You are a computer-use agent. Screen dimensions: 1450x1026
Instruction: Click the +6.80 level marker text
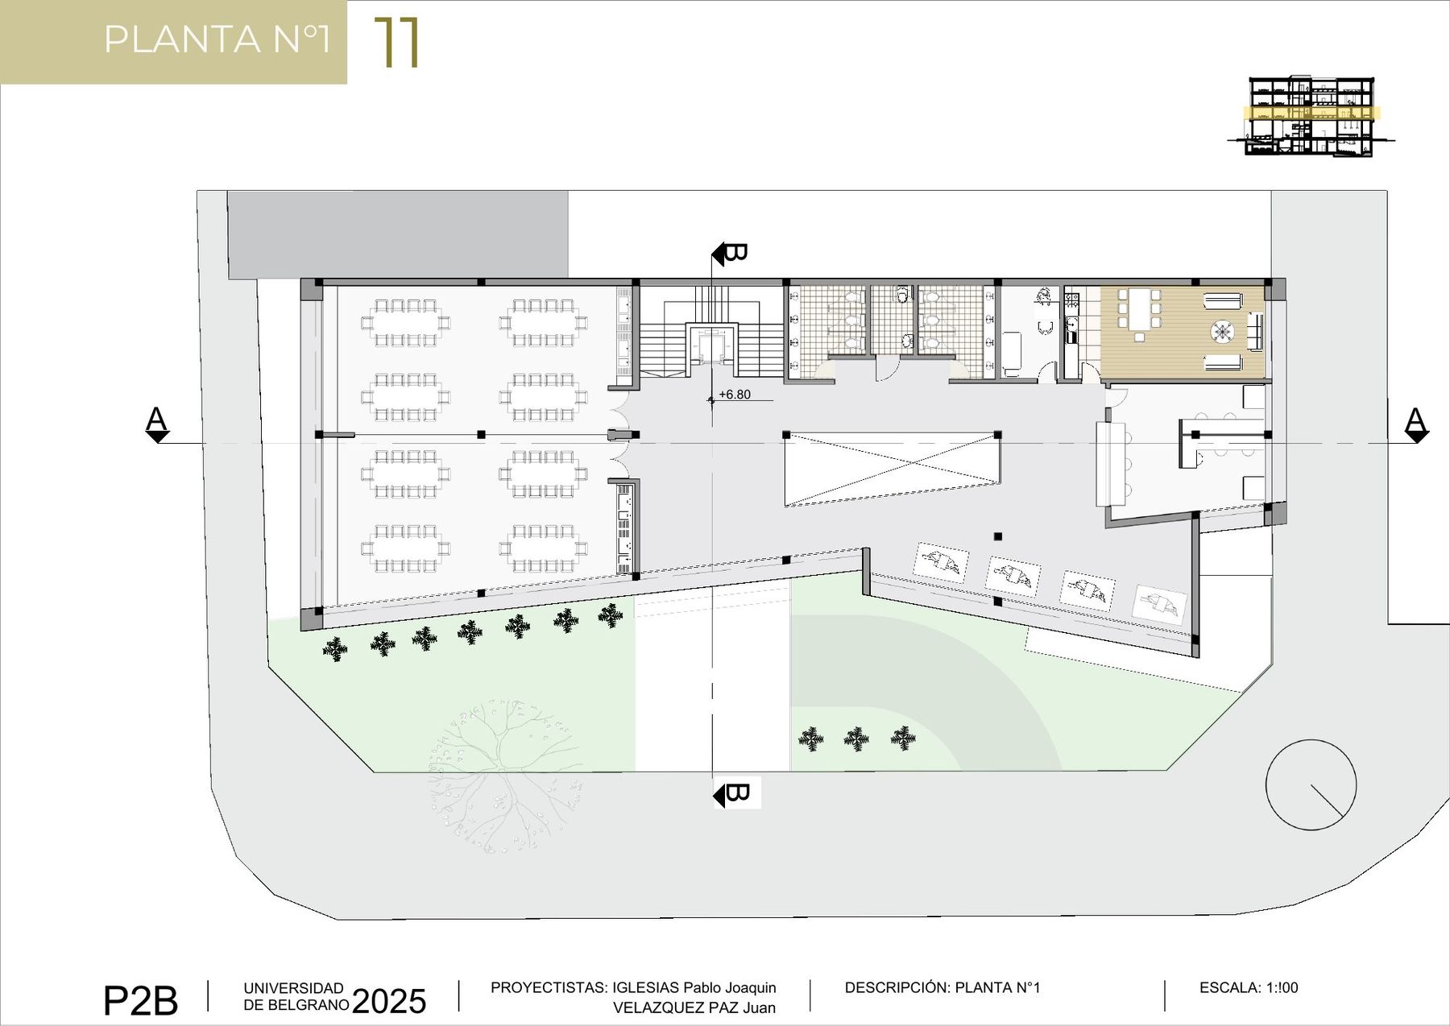[x=734, y=395]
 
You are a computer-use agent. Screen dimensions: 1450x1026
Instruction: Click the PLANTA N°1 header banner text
[x=217, y=39]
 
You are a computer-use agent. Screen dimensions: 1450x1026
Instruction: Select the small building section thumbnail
[x=1311, y=116]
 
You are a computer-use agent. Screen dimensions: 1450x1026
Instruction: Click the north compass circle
[x=1311, y=784]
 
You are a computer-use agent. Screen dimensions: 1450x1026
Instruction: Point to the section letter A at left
[x=156, y=420]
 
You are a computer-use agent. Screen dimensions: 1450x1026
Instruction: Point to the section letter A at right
[x=1415, y=420]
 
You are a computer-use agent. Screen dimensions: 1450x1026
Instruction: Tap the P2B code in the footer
[x=140, y=1001]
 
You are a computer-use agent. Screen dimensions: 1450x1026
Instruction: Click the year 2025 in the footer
[x=389, y=1001]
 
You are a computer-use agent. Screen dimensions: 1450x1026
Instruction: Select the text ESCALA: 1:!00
[x=1249, y=987]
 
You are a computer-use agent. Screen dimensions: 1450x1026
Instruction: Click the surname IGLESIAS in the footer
[x=645, y=987]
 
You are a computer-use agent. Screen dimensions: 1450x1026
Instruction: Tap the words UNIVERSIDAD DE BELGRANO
[x=296, y=996]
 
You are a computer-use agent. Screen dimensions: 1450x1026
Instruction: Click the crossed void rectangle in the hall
[x=893, y=470]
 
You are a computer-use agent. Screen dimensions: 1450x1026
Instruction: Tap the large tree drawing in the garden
[x=506, y=776]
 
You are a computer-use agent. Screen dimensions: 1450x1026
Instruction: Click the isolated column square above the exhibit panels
[x=998, y=536]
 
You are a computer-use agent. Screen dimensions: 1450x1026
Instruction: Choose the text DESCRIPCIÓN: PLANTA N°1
[x=942, y=987]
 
